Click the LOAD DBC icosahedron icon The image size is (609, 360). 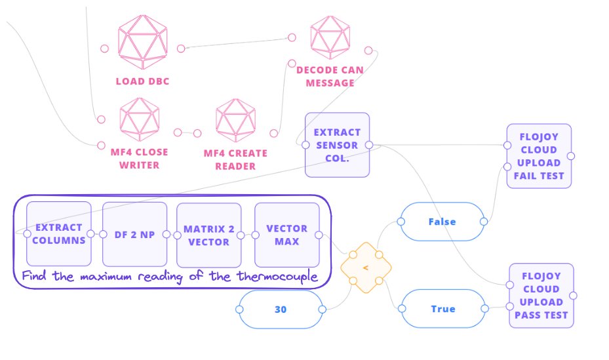point(142,43)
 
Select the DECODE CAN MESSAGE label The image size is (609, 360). point(330,77)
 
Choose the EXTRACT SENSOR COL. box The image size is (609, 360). point(337,145)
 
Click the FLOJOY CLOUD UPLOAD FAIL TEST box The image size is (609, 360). point(539,156)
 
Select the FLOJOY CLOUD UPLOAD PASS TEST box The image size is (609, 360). point(541,296)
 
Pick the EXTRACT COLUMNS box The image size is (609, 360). point(59,234)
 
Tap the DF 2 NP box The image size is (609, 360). point(134,234)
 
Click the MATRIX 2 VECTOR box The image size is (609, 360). point(209,234)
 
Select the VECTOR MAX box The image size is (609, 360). point(286,234)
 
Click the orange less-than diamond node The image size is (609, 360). point(366,268)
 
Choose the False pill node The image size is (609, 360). point(442,222)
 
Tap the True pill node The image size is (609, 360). point(443,309)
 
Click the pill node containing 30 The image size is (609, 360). point(281,310)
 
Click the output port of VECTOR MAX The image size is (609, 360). point(319,235)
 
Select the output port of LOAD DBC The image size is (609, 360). point(181,48)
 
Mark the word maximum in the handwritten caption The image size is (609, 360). point(108,277)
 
